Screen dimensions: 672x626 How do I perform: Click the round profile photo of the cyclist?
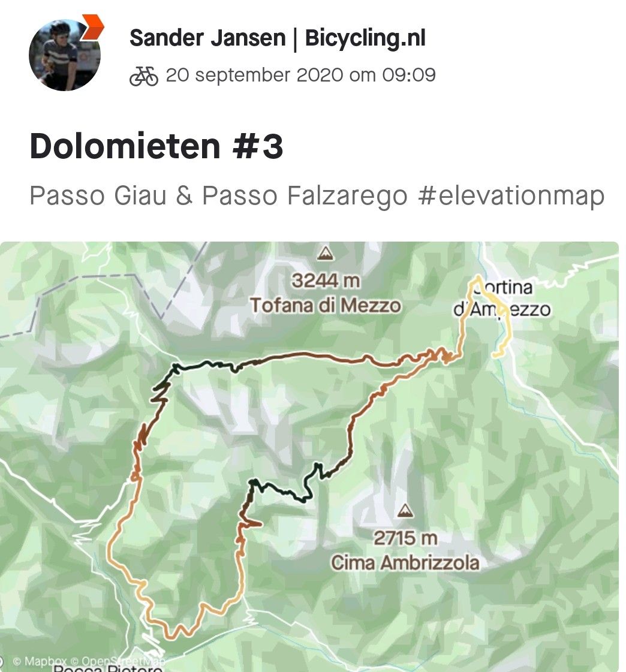point(65,55)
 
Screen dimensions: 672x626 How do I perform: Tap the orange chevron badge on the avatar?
point(92,27)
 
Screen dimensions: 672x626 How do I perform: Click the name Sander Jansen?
point(207,38)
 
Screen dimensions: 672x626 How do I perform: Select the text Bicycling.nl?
point(365,38)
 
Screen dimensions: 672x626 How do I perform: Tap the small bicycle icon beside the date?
point(144,76)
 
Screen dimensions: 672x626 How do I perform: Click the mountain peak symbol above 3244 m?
point(326,254)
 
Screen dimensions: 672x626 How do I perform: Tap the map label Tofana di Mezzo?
point(326,305)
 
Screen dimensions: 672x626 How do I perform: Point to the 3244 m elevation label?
point(326,280)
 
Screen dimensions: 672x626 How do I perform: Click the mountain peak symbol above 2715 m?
point(405,511)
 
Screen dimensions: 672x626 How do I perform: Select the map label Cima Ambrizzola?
point(405,563)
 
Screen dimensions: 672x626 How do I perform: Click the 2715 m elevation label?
point(405,538)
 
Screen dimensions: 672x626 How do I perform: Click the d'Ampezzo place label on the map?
point(502,310)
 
